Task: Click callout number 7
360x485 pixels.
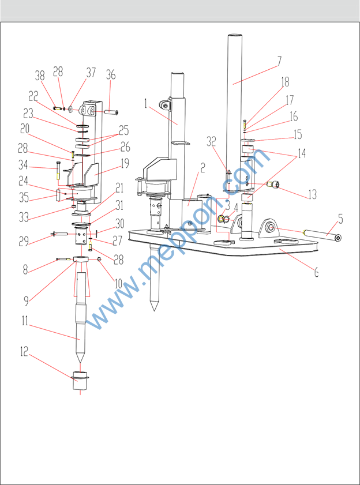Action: click(x=279, y=61)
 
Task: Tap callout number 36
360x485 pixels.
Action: click(x=111, y=74)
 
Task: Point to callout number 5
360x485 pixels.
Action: click(x=340, y=219)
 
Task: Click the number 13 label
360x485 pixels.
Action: click(x=312, y=194)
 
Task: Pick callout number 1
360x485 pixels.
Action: click(x=147, y=104)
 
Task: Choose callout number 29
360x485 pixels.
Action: click(x=23, y=241)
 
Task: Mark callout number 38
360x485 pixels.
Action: click(x=40, y=75)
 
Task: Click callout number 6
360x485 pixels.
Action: click(x=316, y=272)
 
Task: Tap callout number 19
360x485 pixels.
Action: click(x=125, y=163)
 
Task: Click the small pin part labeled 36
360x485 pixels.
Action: click(x=111, y=110)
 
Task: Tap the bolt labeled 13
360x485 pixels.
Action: click(x=273, y=185)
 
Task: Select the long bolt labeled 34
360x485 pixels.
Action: click(x=58, y=171)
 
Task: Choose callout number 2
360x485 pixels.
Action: click(x=203, y=168)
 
